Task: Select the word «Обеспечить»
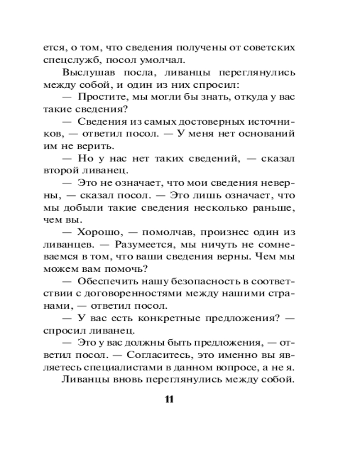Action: [108, 281]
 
